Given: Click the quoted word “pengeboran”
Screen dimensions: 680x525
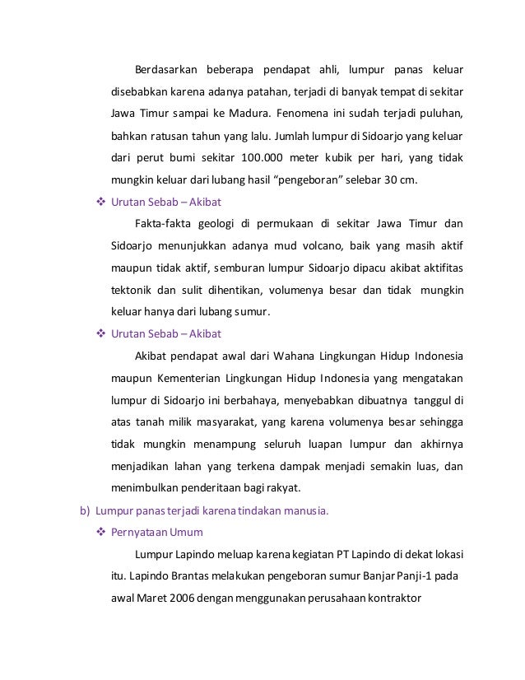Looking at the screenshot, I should (x=324, y=179).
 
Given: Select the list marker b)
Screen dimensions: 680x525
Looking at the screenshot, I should (x=85, y=511).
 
